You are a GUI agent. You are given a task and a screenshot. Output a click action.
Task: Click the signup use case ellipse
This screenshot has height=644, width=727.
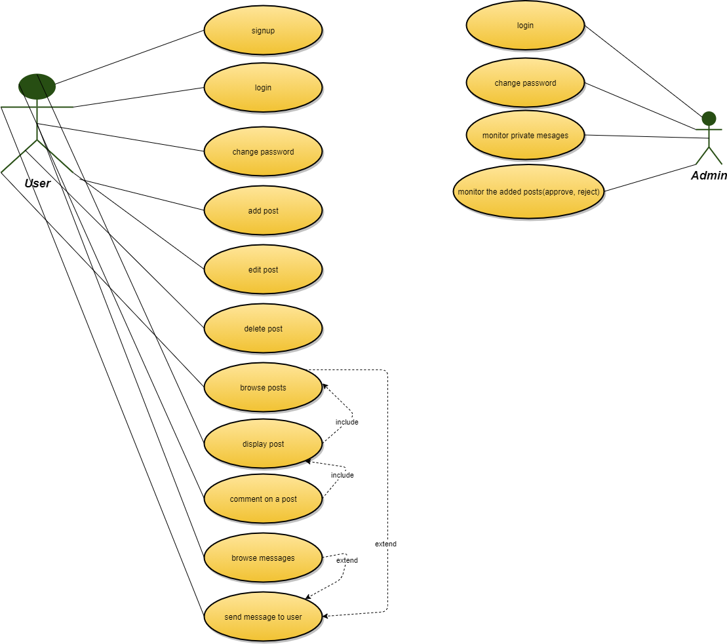(263, 31)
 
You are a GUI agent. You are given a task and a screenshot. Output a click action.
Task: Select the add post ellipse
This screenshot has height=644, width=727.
(263, 211)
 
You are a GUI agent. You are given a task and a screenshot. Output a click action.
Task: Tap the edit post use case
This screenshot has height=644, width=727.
(263, 270)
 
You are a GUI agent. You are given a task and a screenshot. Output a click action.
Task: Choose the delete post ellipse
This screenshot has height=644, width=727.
(263, 329)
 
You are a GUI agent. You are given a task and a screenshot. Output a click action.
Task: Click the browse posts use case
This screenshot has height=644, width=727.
(263, 388)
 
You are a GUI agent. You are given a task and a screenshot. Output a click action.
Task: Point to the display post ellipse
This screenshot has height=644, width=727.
(263, 444)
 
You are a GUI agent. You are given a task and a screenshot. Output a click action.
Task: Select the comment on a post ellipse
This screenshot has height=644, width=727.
(263, 499)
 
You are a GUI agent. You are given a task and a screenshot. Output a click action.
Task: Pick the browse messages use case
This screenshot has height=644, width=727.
(263, 558)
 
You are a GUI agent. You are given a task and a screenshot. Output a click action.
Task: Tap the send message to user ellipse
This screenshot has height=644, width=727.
(263, 617)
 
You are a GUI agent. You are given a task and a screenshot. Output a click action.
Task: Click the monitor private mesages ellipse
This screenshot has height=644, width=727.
(525, 136)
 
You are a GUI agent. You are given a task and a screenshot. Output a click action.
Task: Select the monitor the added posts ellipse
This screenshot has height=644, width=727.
(528, 192)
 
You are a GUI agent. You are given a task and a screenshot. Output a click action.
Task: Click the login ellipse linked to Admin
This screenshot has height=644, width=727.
(525, 26)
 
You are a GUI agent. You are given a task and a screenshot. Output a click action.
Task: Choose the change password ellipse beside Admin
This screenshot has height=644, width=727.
(525, 83)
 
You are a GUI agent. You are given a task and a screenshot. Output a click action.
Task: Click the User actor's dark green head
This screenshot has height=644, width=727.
(37, 86)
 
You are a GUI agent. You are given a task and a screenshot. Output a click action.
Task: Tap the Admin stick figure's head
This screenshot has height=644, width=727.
(709, 119)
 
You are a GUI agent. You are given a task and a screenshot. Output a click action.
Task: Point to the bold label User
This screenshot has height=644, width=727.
(37, 183)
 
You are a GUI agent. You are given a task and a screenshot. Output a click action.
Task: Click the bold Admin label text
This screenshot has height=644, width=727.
(709, 176)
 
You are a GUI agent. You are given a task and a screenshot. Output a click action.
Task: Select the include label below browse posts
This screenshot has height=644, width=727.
(347, 422)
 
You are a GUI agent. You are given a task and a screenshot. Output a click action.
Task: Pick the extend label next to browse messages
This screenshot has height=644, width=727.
(347, 560)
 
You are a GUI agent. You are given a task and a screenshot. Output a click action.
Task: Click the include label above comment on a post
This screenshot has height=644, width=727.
(342, 475)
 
